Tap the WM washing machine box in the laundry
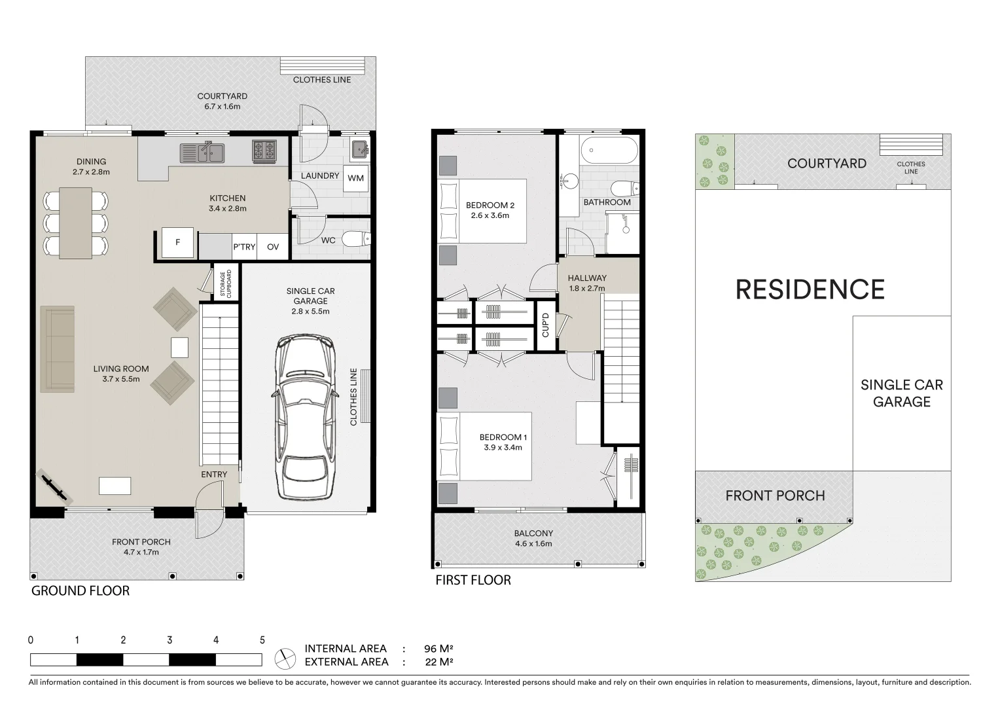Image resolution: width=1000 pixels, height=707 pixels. (355, 178)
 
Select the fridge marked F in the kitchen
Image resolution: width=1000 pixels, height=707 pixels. (177, 243)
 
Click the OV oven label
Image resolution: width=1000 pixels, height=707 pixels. (273, 247)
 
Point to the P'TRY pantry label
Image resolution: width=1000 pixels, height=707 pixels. (244, 247)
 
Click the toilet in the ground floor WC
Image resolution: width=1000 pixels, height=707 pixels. (357, 238)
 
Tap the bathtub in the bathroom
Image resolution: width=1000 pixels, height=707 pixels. (609, 151)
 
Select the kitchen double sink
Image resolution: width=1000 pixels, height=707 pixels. (203, 153)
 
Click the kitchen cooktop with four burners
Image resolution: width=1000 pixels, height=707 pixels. (264, 152)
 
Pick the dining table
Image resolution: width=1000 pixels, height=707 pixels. (75, 223)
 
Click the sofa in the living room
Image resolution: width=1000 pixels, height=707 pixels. (57, 349)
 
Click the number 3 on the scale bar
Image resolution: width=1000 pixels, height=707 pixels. (170, 640)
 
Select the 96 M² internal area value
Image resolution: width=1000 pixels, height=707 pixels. (438, 649)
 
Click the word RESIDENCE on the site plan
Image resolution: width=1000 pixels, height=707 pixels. (810, 289)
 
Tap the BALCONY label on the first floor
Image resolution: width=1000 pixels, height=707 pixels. (533, 534)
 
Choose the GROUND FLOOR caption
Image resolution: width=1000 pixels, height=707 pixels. (80, 590)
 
